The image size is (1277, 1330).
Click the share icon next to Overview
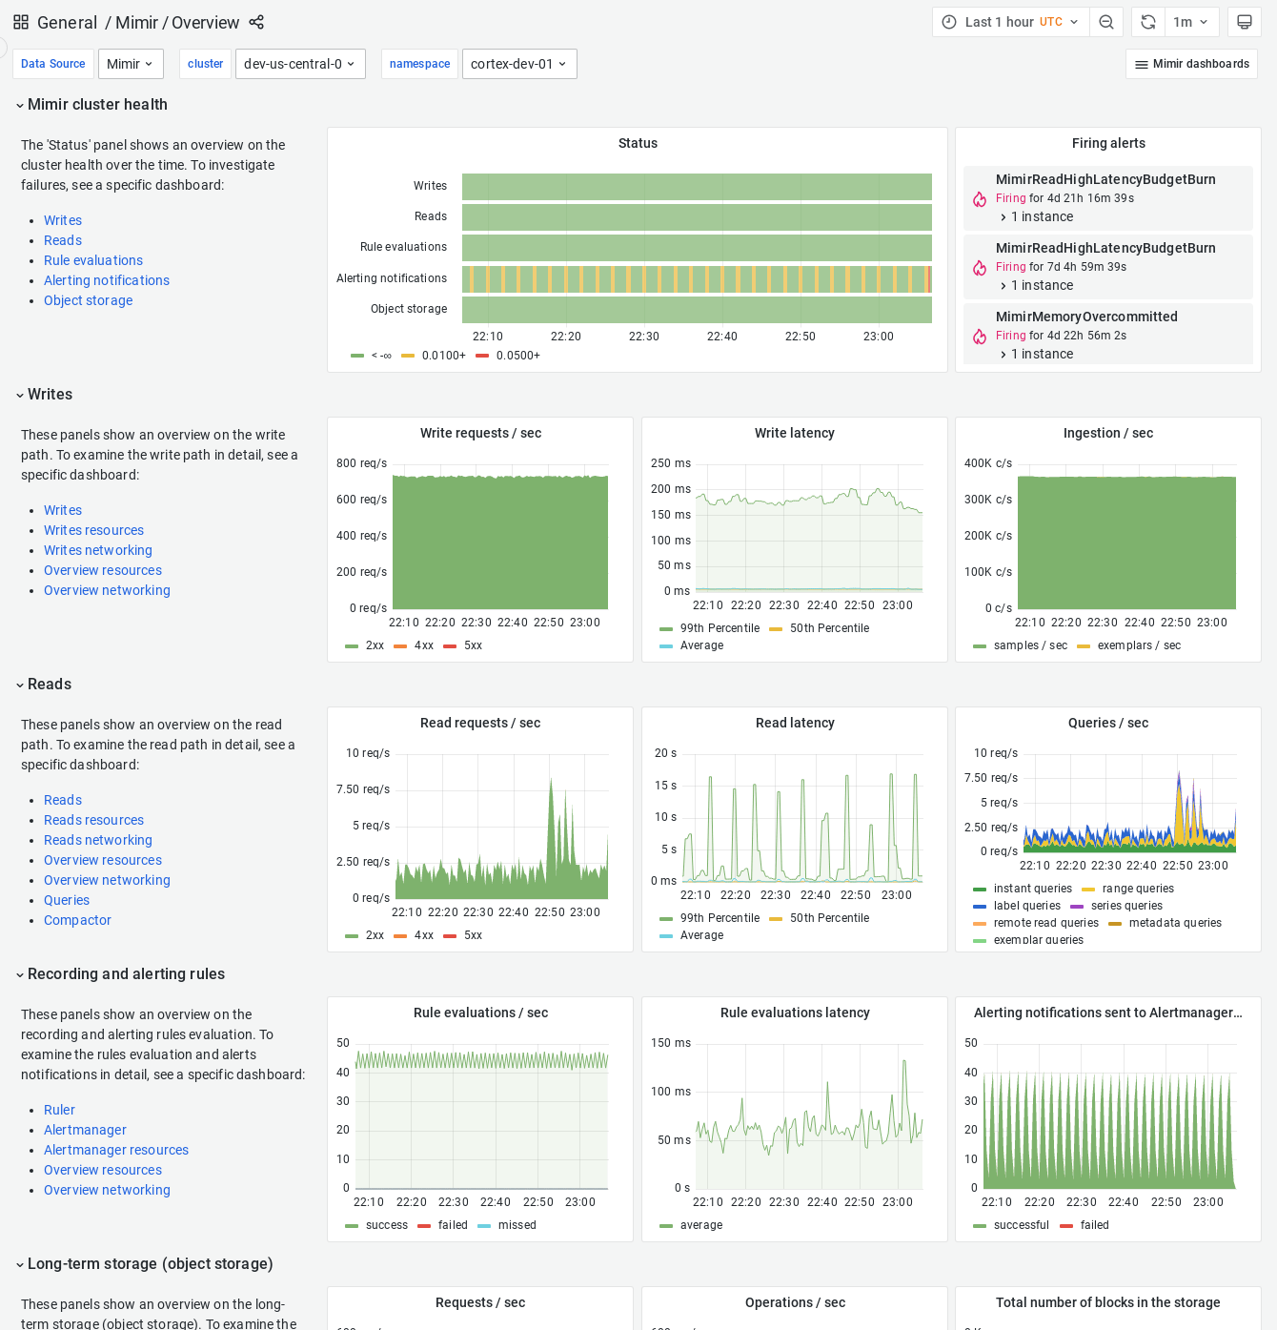click(x=256, y=22)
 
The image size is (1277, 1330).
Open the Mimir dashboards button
click(x=1191, y=64)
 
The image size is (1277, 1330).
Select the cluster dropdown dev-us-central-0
click(x=300, y=64)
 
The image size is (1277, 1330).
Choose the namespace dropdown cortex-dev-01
click(x=519, y=64)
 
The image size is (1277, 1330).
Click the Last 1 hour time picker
click(x=1010, y=22)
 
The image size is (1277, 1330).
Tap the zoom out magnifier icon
click(x=1106, y=22)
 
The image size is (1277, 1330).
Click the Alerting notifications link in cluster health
click(x=107, y=280)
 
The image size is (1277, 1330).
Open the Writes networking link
click(x=98, y=550)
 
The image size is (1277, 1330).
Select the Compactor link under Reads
click(x=77, y=920)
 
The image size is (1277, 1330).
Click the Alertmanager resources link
click(x=116, y=1150)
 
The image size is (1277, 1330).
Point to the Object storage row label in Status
click(x=409, y=309)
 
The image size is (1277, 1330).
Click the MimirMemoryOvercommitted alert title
click(x=1086, y=317)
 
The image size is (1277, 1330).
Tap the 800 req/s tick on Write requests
click(x=361, y=463)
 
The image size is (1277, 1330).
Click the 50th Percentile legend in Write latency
click(x=829, y=628)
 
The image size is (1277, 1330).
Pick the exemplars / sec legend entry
click(x=1139, y=645)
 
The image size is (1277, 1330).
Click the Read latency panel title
click(x=795, y=723)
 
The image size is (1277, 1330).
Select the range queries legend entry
click(x=1138, y=889)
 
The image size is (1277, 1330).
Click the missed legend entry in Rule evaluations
click(x=517, y=1225)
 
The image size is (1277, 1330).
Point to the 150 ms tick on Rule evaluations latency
click(x=671, y=1043)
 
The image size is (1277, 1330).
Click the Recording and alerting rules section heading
click(x=126, y=973)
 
